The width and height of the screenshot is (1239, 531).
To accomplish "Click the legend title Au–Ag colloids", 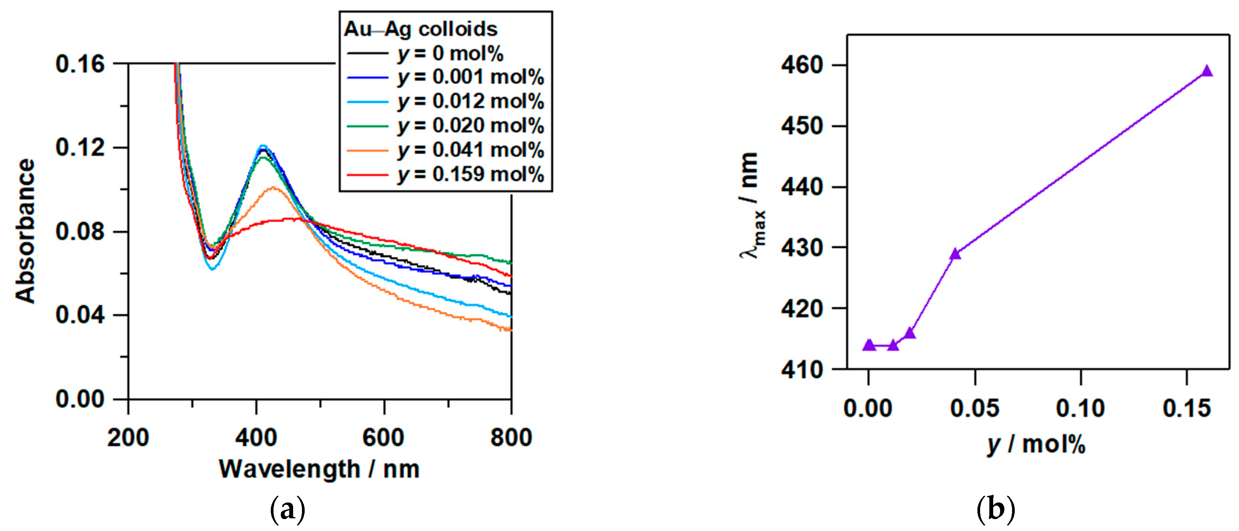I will [420, 29].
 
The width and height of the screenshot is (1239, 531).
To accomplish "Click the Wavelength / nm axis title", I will [319, 469].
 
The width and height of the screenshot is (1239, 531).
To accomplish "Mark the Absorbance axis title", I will [25, 231].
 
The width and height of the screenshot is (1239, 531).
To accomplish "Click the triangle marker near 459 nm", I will [1207, 71].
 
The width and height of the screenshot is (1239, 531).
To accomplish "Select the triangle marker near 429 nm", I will [955, 254].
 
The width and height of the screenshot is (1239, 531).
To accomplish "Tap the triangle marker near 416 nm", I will [909, 333].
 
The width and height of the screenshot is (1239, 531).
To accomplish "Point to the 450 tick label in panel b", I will [802, 126].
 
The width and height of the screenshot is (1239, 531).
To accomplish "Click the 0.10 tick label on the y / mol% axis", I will [1080, 409].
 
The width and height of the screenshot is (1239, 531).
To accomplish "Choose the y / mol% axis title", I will [1036, 444].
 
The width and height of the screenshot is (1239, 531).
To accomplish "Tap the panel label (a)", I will [288, 510].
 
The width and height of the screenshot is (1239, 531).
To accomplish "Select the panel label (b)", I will [996, 510].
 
